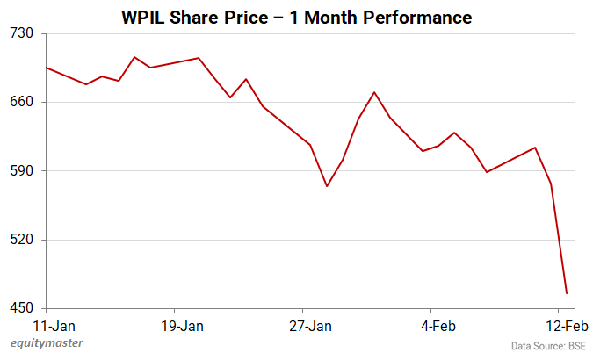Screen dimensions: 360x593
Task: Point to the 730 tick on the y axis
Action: [x=21, y=33]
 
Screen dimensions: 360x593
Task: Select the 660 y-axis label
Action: [x=21, y=102]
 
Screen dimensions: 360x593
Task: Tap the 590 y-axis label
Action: [x=21, y=170]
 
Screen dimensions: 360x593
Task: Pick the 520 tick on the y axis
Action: [x=21, y=239]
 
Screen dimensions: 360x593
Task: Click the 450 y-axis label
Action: [x=21, y=307]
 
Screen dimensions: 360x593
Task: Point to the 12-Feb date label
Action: [x=560, y=326]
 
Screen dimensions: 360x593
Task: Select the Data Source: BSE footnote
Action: [x=548, y=346]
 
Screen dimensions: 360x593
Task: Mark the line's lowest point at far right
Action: [x=567, y=293]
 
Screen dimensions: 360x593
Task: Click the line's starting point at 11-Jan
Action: [x=46, y=68]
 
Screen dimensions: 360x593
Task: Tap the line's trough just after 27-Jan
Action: [x=327, y=186]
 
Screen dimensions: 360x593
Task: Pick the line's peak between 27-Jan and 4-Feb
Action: [x=375, y=92]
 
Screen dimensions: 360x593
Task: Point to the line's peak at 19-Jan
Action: [x=199, y=58]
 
